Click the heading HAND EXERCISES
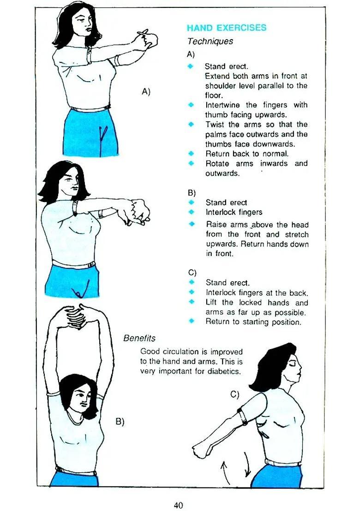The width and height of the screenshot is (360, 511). (227, 28)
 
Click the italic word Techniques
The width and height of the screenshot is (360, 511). (210, 42)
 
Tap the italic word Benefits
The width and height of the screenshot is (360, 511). (139, 338)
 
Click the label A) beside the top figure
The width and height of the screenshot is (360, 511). (146, 91)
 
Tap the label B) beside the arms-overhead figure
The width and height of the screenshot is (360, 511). (120, 421)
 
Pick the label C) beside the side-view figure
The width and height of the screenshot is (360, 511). (235, 394)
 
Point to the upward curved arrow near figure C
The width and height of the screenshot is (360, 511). (225, 470)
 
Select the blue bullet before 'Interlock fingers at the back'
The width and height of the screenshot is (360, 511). (191, 292)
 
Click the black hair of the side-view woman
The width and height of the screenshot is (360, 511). (272, 364)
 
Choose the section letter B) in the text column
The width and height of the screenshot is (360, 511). (192, 192)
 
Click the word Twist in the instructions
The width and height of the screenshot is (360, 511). (215, 125)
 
